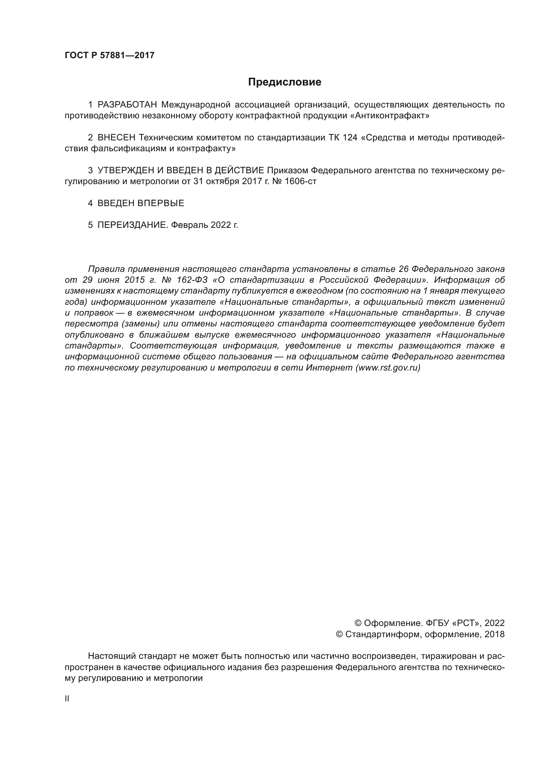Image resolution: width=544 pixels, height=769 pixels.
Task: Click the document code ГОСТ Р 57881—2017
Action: click(110, 56)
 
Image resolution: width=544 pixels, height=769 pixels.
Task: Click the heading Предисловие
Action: click(284, 82)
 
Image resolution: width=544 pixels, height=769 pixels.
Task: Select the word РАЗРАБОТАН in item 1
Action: click(127, 105)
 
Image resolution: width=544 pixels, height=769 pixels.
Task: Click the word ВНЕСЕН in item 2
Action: click(116, 138)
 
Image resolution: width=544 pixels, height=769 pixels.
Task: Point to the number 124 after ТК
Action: click(350, 138)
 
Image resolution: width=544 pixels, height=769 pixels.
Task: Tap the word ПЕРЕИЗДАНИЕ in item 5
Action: click(132, 225)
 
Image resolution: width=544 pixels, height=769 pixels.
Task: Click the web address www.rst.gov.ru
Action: click(387, 368)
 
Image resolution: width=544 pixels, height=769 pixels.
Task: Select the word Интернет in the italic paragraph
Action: click(330, 368)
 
